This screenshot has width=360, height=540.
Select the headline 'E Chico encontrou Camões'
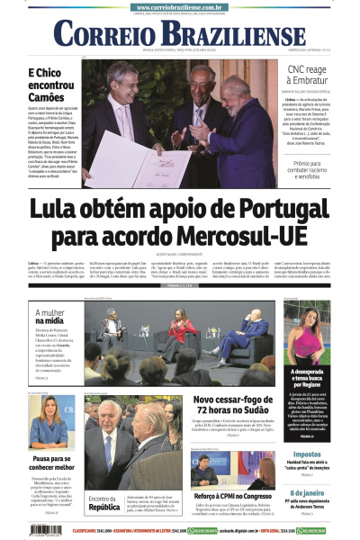[x=49, y=85]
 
